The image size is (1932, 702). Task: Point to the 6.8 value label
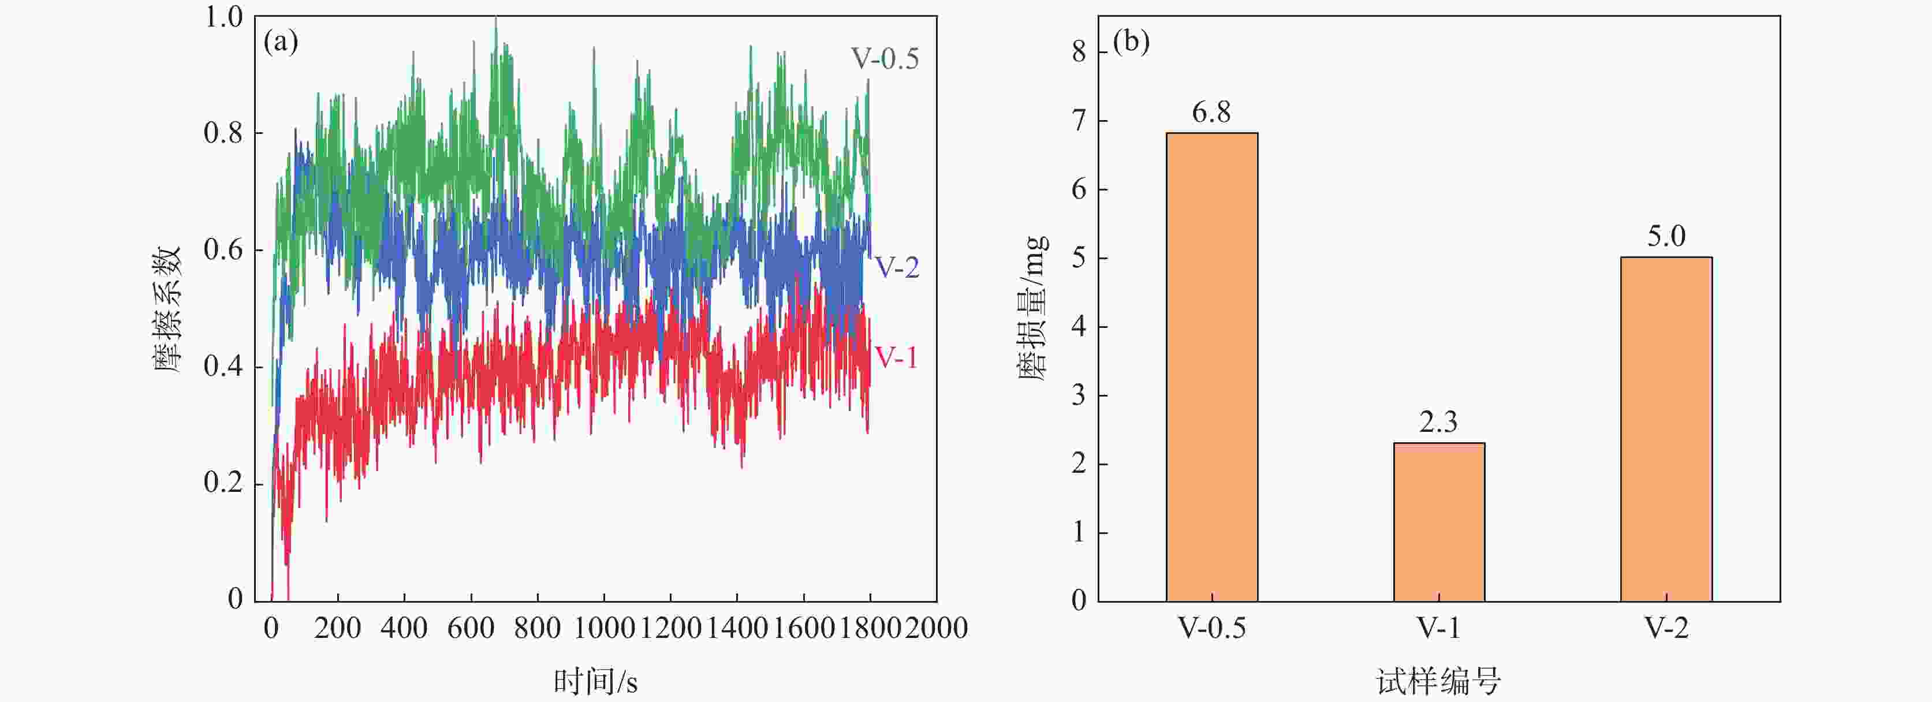1211,113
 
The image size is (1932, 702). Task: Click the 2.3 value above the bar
1438,422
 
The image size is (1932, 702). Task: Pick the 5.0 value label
1666,236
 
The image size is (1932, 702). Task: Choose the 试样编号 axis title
1438,681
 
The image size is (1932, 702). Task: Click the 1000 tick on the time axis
604,627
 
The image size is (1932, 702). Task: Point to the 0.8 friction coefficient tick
223,133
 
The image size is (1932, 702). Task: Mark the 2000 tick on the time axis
936,627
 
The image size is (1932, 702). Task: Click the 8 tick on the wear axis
1079,52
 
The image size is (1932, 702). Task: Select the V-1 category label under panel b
1438,627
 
